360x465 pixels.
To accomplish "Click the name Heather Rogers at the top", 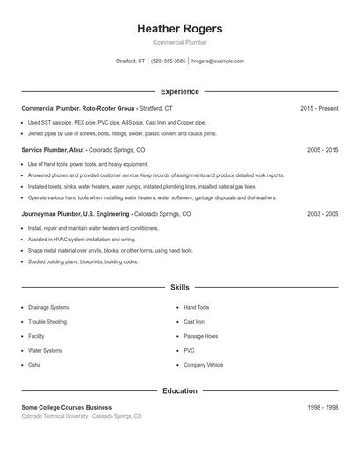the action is pyautogui.click(x=179, y=29).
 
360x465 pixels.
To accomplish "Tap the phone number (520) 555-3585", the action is pyautogui.click(x=168, y=61).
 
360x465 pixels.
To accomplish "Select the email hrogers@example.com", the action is pyautogui.click(x=217, y=61).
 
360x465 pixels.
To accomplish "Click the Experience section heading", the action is pyautogui.click(x=179, y=91).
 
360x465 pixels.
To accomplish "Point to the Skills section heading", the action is pyautogui.click(x=179, y=287).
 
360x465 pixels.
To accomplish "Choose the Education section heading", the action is pyautogui.click(x=179, y=390).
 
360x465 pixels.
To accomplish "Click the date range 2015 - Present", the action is pyautogui.click(x=319, y=108).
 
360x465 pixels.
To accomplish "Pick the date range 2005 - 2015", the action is pyautogui.click(x=322, y=150).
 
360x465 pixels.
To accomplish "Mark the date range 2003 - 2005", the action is pyautogui.click(x=322, y=214).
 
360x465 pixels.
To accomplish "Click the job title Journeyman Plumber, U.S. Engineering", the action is pyautogui.click(x=76, y=214).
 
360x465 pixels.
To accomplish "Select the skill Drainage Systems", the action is pyautogui.click(x=48, y=308).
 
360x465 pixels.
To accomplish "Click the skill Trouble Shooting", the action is pyautogui.click(x=47, y=322).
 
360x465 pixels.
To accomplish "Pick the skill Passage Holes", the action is pyautogui.click(x=200, y=336).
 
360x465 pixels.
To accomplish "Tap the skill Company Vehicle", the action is pyautogui.click(x=203, y=365).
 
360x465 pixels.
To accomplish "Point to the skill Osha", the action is pyautogui.click(x=34, y=365).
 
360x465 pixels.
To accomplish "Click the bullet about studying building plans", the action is pyautogui.click(x=83, y=261).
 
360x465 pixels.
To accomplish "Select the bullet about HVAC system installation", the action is pyautogui.click(x=82, y=239).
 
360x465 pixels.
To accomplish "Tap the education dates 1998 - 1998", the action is pyautogui.click(x=322, y=408).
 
